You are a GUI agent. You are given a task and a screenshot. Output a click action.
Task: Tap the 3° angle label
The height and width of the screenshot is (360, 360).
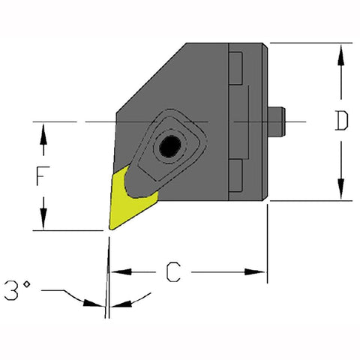[19, 287]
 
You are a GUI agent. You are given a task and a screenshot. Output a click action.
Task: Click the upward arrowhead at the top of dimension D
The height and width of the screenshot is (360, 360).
[342, 52]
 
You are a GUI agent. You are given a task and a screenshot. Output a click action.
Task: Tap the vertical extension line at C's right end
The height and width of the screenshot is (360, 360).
[268, 247]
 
